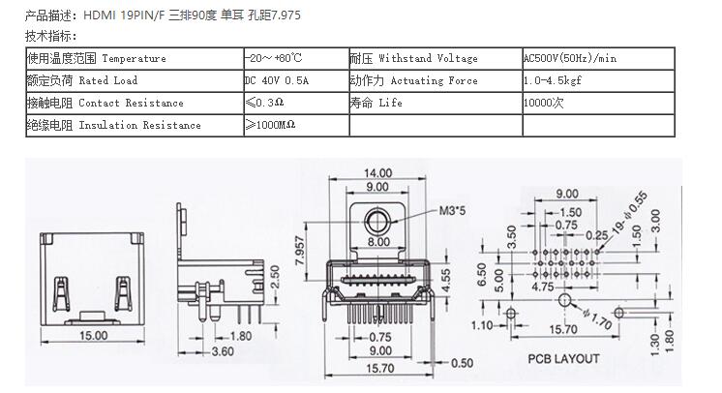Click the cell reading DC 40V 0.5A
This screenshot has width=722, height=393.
pyautogui.click(x=295, y=80)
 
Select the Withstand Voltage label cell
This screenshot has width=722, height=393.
pyautogui.click(x=435, y=58)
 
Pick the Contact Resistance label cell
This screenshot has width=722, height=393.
pyautogui.click(x=134, y=103)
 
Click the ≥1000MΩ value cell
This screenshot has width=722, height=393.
pyautogui.click(x=295, y=125)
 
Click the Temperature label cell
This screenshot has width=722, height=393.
pyautogui.click(x=134, y=58)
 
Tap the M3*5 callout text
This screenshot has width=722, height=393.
pyautogui.click(x=454, y=209)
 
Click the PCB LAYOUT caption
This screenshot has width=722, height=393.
pyautogui.click(x=564, y=359)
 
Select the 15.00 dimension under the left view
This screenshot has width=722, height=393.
pyautogui.click(x=93, y=336)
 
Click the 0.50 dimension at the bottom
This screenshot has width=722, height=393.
pyautogui.click(x=463, y=363)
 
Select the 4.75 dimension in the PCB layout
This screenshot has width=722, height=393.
pyautogui.click(x=541, y=287)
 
